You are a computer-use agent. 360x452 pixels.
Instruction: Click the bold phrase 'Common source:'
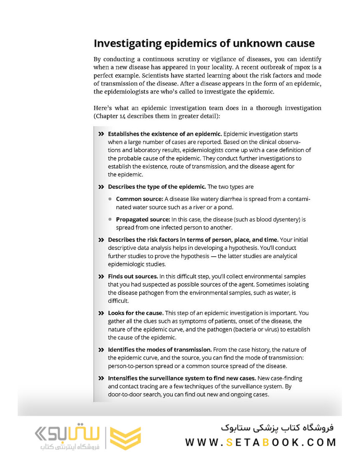140,199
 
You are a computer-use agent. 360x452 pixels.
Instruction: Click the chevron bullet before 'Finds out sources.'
101,277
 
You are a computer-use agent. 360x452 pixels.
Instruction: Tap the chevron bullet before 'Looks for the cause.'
101,313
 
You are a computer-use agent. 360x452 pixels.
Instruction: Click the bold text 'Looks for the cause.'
136,313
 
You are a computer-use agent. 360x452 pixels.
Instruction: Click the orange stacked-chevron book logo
125,438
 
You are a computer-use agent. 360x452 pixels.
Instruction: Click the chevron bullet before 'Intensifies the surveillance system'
101,378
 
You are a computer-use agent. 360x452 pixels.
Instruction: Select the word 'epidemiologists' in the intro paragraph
134,92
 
